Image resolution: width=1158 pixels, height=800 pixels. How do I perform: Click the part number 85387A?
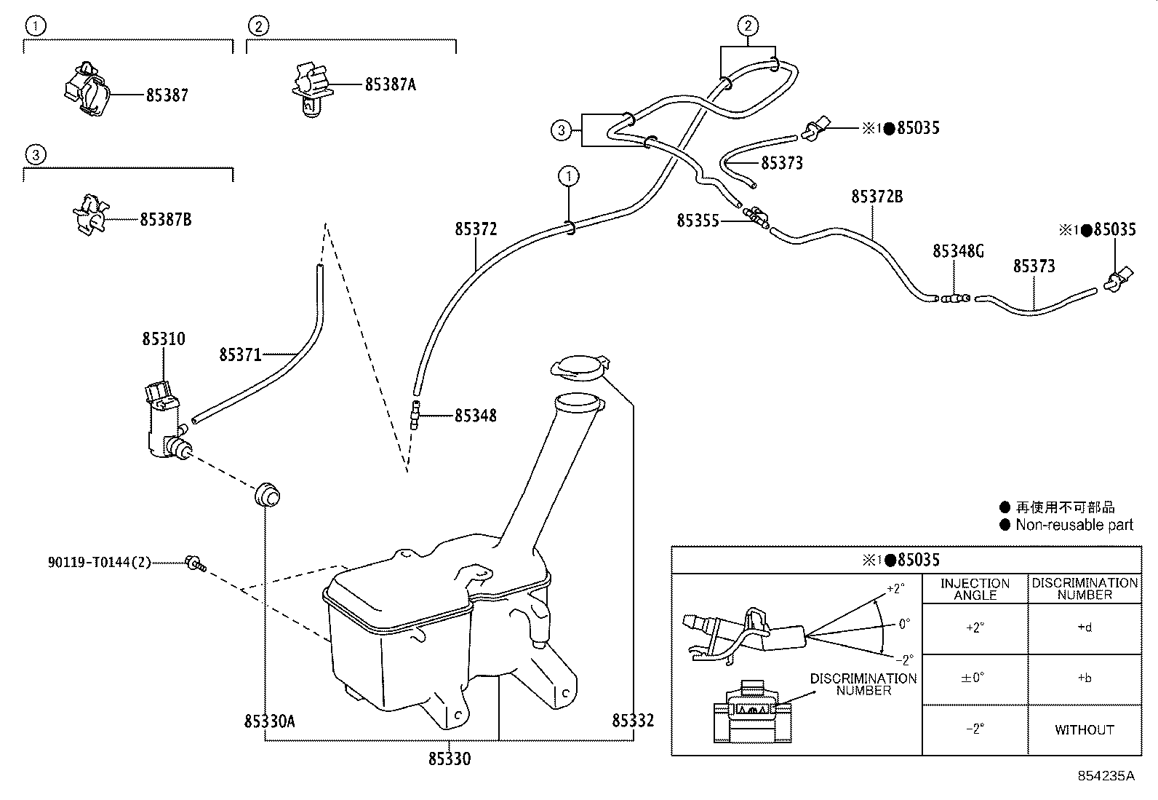click(x=390, y=84)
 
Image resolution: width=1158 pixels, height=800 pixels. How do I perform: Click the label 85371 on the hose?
click(x=240, y=355)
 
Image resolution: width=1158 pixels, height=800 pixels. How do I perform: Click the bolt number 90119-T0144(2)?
click(x=99, y=562)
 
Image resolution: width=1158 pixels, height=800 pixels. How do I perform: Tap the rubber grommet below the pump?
click(x=267, y=494)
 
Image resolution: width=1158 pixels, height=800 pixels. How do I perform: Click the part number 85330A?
click(x=269, y=721)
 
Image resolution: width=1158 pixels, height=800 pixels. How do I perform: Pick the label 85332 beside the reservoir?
click(x=633, y=721)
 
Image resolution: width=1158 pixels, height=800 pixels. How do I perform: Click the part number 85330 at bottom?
click(x=449, y=759)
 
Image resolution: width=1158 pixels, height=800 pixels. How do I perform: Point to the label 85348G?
click(x=958, y=251)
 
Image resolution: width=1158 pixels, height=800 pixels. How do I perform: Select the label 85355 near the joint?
click(x=698, y=221)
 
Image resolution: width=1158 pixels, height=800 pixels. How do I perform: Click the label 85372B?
click(x=877, y=197)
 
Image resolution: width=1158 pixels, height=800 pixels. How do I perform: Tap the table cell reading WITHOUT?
click(x=1084, y=729)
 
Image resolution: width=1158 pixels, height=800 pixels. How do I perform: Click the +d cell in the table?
click(x=1084, y=627)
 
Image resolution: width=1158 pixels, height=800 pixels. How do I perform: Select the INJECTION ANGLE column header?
click(x=975, y=589)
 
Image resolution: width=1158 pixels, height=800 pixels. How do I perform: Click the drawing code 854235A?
click(x=1106, y=776)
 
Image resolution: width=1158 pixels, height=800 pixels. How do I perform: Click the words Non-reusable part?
click(x=1074, y=525)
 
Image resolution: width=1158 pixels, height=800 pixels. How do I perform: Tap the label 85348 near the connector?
click(x=476, y=416)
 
